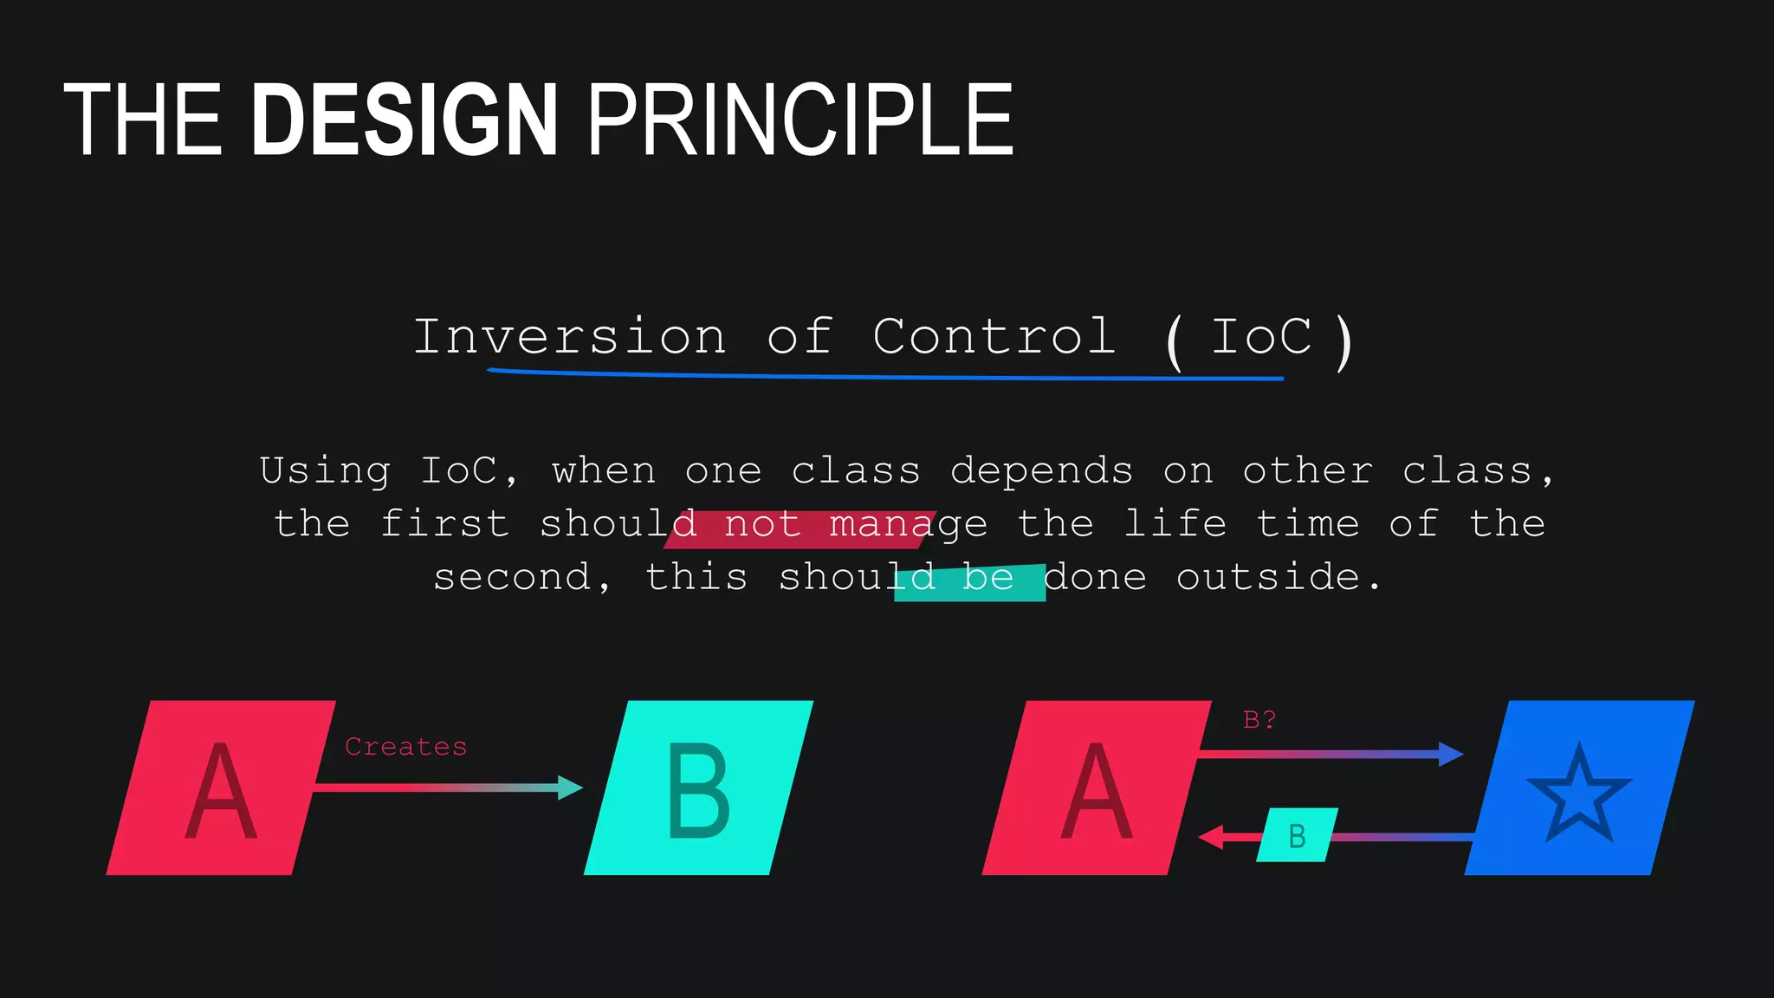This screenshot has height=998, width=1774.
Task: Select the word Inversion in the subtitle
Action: coord(569,337)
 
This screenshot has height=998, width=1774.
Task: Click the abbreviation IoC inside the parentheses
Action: coord(1261,337)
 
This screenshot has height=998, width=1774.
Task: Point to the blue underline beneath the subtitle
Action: coord(884,376)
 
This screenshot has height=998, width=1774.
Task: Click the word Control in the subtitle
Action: coord(994,337)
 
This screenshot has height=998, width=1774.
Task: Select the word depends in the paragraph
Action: coord(1041,471)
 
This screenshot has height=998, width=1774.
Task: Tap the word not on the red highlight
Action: coord(762,525)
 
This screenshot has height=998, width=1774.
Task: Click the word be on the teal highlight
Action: coord(987,578)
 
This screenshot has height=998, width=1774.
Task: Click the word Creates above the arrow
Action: coord(405,747)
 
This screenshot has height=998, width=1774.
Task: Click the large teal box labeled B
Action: coord(698,787)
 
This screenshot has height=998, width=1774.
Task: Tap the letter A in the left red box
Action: coord(221,793)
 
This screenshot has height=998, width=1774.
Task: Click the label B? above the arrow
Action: coord(1259,720)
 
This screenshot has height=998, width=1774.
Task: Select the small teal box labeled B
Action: coord(1297,835)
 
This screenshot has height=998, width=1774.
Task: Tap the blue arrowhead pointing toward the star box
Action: coord(1450,754)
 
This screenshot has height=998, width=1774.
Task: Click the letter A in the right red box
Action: coord(1097,793)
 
